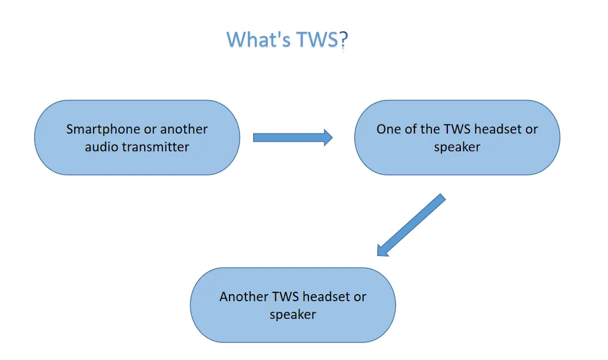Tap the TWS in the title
317,39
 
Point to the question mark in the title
344,41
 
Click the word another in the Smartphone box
184,129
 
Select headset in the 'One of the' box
499,129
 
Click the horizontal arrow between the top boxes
293,138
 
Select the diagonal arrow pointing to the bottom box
411,225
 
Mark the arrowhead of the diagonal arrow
383,250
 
